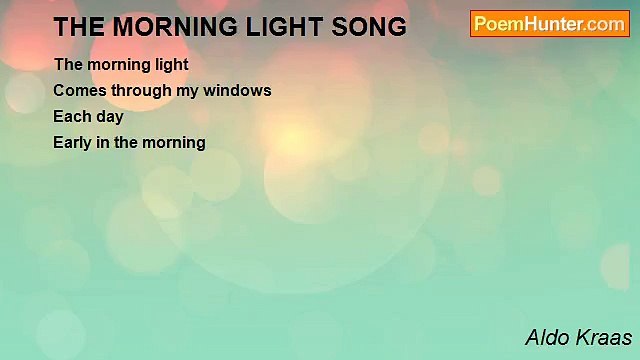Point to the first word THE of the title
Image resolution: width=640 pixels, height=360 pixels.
click(x=78, y=28)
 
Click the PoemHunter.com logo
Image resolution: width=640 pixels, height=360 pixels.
click(x=550, y=24)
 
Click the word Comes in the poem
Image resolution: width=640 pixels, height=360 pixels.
click(x=76, y=90)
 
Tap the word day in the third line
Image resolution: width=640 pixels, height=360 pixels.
click(x=108, y=117)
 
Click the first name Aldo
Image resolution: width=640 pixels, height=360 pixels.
click(x=548, y=337)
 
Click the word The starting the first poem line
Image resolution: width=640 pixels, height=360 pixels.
click(x=68, y=64)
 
